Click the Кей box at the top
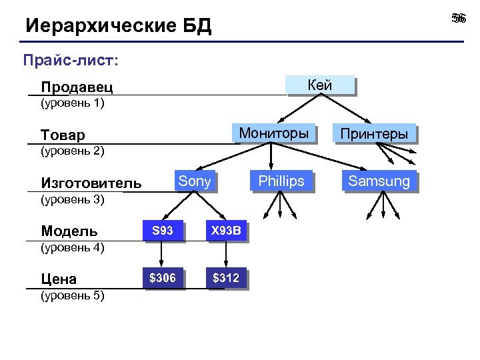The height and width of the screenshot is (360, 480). point(321,85)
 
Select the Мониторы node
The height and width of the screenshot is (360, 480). point(273,133)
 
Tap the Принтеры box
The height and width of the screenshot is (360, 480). point(374,133)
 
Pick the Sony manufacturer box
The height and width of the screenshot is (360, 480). point(195,181)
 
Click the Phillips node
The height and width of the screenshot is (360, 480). point(281,181)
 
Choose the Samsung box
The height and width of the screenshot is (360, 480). point(379,181)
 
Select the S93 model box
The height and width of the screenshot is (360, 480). point(162,231)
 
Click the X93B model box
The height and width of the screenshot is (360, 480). point(226,231)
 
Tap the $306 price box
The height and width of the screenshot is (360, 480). point(162,278)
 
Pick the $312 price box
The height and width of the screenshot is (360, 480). point(226,278)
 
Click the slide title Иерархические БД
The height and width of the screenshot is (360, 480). point(118,27)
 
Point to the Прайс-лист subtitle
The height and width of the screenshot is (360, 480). point(71,61)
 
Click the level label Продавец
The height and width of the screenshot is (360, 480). point(77,87)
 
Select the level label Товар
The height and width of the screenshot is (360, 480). point(63,135)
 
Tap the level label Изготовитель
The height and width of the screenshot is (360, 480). point(91,183)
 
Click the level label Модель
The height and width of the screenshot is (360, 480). point(69,231)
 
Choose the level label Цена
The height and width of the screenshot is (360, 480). point(59,279)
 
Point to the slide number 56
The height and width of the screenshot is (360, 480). point(458,18)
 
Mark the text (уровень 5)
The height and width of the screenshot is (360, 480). point(73,295)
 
